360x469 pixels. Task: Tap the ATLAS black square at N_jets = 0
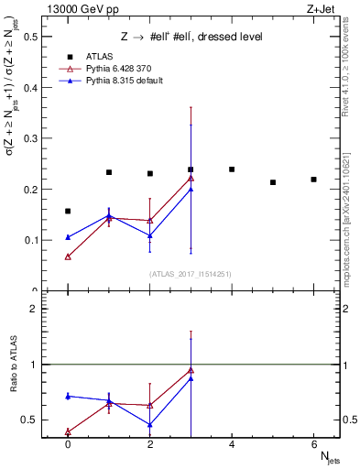(x=68, y=212)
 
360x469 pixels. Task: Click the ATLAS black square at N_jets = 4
(x=232, y=169)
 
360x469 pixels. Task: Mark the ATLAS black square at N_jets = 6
(x=314, y=180)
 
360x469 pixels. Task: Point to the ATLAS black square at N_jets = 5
(x=273, y=182)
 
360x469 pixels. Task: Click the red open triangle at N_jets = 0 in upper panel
(x=68, y=256)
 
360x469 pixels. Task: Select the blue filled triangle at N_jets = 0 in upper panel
(x=68, y=237)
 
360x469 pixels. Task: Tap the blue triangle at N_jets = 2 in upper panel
(x=149, y=235)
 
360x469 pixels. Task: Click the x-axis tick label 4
(x=232, y=444)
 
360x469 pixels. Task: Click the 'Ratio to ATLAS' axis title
(x=14, y=391)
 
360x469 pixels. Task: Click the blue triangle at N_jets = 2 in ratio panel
(x=149, y=424)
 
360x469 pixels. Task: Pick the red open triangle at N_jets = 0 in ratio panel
(x=68, y=431)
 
